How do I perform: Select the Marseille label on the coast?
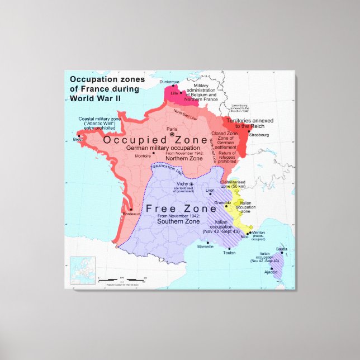[206, 247]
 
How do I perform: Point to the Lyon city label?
[210, 190]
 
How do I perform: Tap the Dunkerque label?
[170, 83]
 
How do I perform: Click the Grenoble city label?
[222, 202]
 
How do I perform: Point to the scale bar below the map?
[121, 278]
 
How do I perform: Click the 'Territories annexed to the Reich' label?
[252, 123]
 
